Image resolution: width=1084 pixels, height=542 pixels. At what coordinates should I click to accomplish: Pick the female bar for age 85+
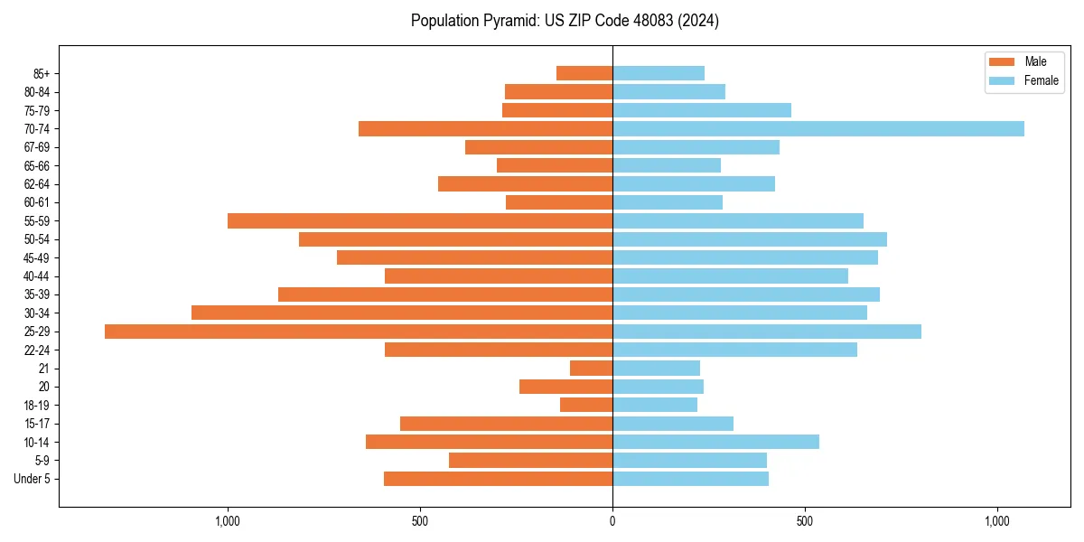click(659, 74)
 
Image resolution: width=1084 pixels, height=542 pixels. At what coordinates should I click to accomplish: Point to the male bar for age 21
click(592, 369)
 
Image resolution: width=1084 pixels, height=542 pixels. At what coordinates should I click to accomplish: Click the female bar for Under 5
click(691, 479)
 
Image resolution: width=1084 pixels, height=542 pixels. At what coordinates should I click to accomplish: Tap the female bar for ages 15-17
click(673, 424)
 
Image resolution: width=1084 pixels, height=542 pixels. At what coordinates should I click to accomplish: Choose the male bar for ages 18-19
click(586, 406)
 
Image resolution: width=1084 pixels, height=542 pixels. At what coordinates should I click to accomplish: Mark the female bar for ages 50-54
click(750, 239)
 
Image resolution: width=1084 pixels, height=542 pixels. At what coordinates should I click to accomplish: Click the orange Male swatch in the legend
click(1002, 61)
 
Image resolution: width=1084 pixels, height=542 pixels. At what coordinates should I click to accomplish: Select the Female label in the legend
click(1041, 80)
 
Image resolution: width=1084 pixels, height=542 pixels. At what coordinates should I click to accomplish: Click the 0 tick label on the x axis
click(612, 521)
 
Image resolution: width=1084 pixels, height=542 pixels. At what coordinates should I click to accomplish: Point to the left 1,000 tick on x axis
click(227, 521)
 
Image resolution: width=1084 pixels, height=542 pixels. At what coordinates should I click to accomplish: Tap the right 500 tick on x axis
click(805, 521)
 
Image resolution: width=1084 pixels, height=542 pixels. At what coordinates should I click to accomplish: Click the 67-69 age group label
click(37, 147)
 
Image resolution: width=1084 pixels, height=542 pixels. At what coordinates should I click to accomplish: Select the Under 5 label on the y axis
click(32, 479)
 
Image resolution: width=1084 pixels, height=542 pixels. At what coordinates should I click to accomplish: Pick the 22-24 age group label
click(37, 350)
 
